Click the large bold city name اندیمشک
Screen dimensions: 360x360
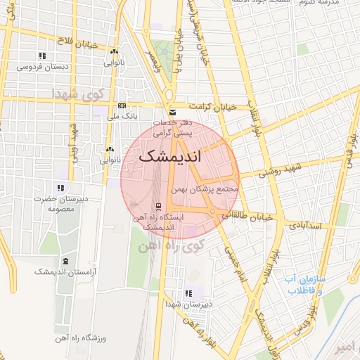coord(170,157)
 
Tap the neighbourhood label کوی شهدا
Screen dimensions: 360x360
coord(82,94)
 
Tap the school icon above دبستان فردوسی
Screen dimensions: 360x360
coord(42,56)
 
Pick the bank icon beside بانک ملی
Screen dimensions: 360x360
coord(122,106)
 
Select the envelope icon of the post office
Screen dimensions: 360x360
coord(172,112)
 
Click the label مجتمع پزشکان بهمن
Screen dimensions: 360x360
coord(205,189)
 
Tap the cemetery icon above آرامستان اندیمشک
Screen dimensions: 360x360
coord(67,261)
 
